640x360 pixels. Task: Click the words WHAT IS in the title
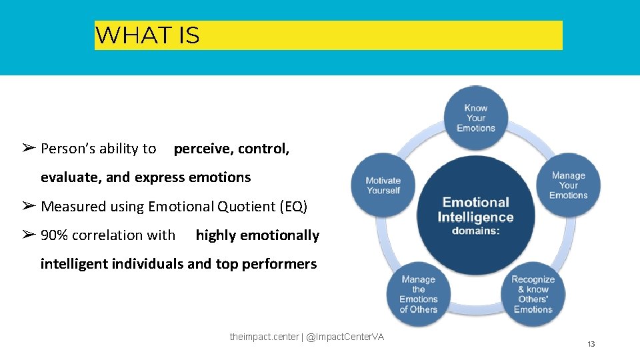147,35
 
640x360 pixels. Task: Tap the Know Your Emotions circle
476,118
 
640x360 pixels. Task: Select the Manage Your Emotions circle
569,185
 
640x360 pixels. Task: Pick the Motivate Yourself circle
383,185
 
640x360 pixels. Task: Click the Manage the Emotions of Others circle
419,294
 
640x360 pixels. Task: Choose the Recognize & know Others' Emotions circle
533,294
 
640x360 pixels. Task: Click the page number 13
591,344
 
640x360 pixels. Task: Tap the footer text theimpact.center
264,337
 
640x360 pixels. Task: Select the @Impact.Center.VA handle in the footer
345,337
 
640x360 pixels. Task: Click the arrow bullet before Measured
28,206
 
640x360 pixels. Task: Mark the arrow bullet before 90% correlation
28,235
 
